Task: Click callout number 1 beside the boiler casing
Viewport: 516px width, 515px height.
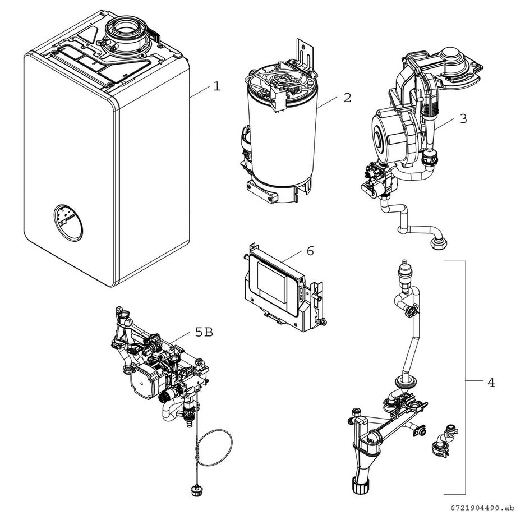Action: point(216,86)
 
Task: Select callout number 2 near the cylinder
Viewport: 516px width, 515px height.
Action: point(347,98)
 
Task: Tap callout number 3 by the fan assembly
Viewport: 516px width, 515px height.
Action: point(463,119)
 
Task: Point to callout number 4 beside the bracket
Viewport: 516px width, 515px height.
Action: point(491,383)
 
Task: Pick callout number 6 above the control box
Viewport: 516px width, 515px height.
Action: point(310,251)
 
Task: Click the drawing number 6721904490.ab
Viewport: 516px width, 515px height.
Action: point(481,508)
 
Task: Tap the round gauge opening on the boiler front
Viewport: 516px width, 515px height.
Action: point(68,223)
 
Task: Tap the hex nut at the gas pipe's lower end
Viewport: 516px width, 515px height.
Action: point(438,243)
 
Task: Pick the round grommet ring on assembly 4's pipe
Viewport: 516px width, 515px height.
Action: point(407,383)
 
